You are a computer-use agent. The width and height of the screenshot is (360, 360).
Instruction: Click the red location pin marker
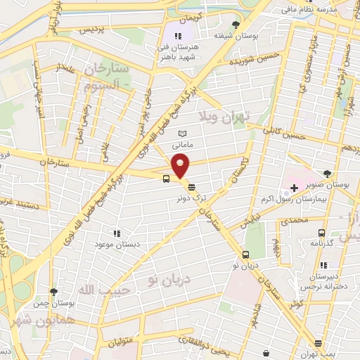181,165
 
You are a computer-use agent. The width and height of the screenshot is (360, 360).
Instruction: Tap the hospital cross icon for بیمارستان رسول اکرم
294,189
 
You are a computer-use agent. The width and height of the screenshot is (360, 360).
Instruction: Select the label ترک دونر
188,199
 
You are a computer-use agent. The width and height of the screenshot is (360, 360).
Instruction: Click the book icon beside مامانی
184,134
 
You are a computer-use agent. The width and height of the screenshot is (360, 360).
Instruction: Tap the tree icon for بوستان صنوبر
327,173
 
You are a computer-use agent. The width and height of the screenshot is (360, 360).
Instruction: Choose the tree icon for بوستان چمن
53,291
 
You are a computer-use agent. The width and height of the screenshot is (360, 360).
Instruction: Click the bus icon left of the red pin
166,179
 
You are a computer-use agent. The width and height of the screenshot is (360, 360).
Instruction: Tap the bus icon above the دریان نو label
245,255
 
